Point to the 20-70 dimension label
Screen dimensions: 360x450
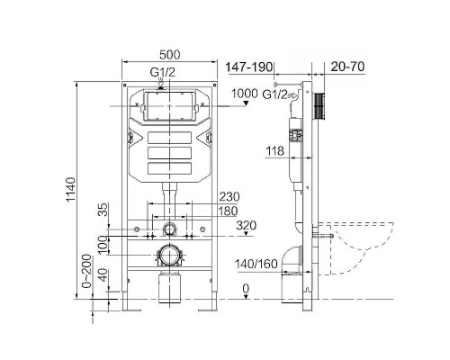pyautogui.click(x=346, y=67)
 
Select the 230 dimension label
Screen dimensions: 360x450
pyautogui.click(x=229, y=198)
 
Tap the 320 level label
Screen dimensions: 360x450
pyautogui.click(x=244, y=226)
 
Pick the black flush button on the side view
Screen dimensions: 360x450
pyautogui.click(x=318, y=107)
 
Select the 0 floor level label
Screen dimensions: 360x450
pyautogui.click(x=244, y=287)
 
